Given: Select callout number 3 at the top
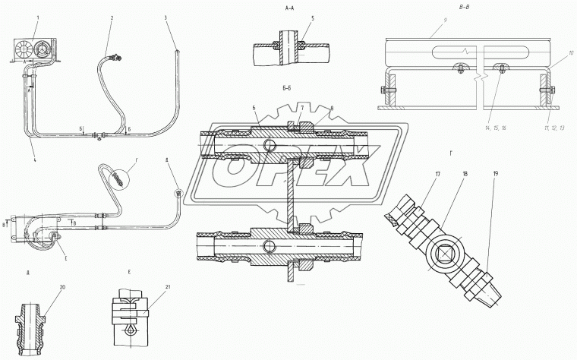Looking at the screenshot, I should coord(166,17).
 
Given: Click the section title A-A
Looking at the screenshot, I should coord(288,5).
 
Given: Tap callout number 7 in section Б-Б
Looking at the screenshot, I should coord(302,107).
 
